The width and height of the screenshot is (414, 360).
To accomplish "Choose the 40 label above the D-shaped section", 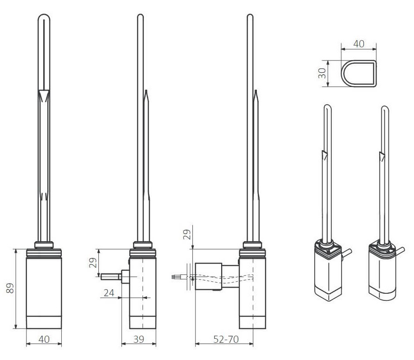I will (359, 44).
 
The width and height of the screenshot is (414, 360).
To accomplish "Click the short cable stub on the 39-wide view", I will (110, 277).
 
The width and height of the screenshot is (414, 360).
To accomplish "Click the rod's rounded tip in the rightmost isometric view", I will (384, 108).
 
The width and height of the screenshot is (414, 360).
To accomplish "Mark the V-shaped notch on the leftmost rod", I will (44, 94).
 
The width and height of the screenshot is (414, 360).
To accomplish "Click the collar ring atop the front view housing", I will (44, 244).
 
